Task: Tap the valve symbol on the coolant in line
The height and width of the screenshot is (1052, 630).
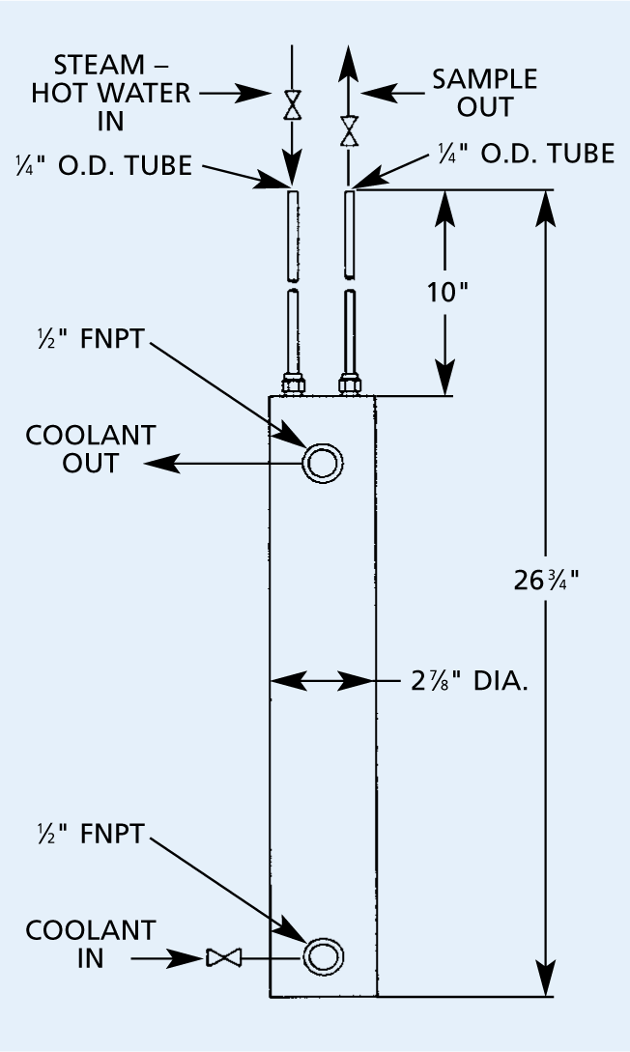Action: click(x=223, y=958)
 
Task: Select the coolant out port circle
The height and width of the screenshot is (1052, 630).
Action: click(x=321, y=464)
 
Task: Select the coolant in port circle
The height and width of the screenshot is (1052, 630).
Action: click(x=321, y=957)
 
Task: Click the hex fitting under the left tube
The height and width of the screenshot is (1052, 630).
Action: click(x=293, y=385)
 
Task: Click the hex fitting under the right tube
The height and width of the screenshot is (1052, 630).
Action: click(x=351, y=385)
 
